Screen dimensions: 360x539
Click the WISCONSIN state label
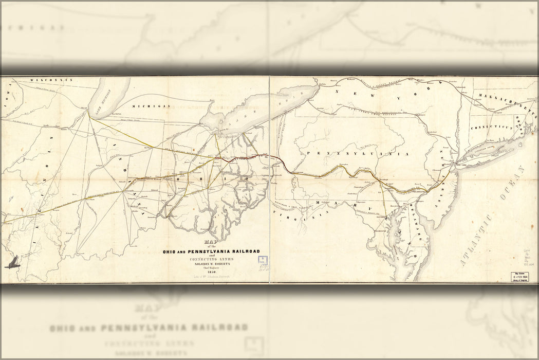[x=51, y=80]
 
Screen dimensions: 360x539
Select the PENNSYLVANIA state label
[x=357, y=154]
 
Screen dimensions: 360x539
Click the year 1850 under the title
[x=211, y=272]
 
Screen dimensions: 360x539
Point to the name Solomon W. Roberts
[x=211, y=262]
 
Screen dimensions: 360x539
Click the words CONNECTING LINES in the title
[x=211, y=258]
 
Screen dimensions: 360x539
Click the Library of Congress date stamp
[x=519, y=277]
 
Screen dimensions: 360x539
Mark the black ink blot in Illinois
[x=12, y=262]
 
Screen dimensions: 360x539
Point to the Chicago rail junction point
[x=88, y=115]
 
